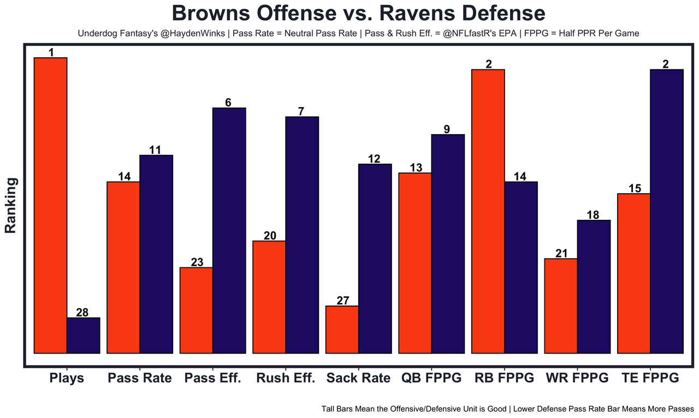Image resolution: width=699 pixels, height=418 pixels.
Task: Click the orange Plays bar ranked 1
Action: (x=50, y=205)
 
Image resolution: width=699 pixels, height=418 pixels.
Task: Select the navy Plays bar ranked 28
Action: (x=83, y=335)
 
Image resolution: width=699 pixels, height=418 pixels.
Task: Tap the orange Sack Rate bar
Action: (x=342, y=329)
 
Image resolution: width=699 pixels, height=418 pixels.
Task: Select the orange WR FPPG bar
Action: (x=561, y=306)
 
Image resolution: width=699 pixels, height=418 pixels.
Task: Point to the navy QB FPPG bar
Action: (x=448, y=243)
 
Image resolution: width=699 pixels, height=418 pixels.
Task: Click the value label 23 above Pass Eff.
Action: (x=197, y=262)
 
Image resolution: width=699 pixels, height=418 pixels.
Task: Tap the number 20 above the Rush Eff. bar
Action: (x=269, y=236)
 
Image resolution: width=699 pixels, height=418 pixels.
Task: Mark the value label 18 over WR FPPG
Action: (x=593, y=215)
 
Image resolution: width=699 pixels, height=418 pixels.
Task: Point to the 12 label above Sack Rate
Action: (x=375, y=159)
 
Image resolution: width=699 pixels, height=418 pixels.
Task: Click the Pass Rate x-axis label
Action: (x=140, y=378)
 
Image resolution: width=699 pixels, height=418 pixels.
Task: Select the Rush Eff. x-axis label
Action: (x=286, y=378)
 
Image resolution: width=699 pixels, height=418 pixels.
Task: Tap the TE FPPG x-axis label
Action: (x=650, y=378)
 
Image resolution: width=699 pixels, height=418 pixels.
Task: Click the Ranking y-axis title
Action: (x=11, y=205)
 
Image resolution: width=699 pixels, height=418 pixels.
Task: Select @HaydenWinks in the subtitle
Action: (x=194, y=33)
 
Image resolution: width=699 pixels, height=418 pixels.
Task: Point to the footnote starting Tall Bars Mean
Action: (x=507, y=408)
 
